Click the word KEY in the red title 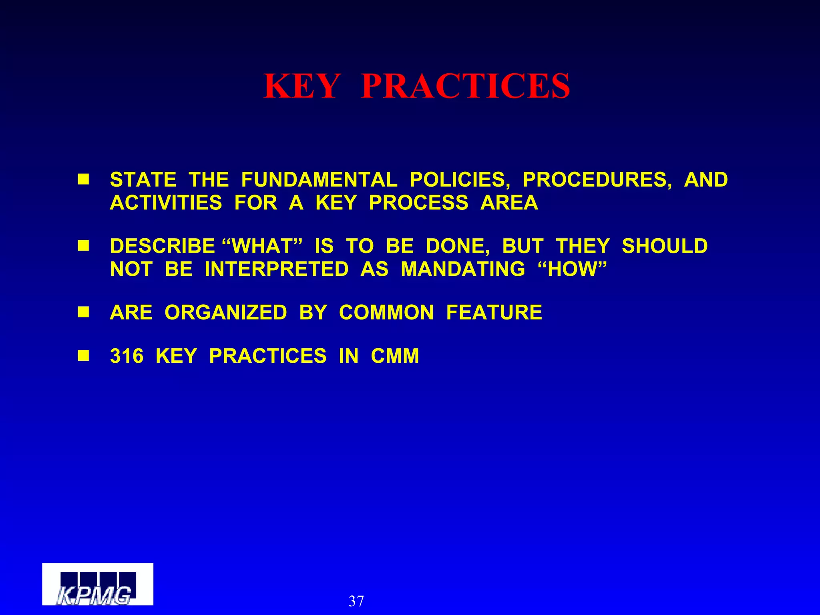click(301, 86)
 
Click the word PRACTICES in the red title click(465, 86)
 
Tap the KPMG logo click(97, 584)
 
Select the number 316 click(127, 356)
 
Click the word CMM click(395, 356)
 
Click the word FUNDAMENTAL click(319, 180)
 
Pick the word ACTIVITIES click(166, 203)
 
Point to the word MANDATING click(463, 269)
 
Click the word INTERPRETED click(276, 269)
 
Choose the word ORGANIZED click(225, 313)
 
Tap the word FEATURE click(494, 313)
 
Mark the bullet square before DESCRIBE click(83, 245)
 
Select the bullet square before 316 click(83, 356)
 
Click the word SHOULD click(665, 246)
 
